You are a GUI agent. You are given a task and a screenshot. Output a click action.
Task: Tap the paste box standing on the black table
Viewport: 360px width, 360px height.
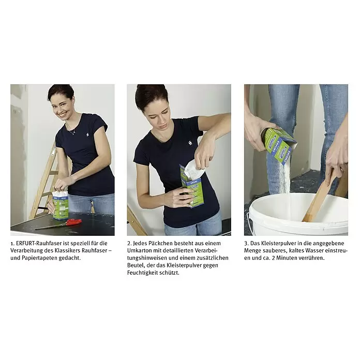point(61,205)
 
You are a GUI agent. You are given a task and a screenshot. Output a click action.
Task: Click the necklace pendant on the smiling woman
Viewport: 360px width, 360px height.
point(73,133)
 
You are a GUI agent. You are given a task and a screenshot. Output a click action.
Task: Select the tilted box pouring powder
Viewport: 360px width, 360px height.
point(279,145)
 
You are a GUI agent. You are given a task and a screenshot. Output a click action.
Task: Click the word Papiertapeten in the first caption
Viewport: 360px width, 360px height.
point(39,258)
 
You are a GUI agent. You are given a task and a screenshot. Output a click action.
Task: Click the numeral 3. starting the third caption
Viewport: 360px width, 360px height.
point(246,243)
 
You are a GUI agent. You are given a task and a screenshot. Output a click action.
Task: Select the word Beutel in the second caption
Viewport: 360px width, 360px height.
point(135,265)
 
